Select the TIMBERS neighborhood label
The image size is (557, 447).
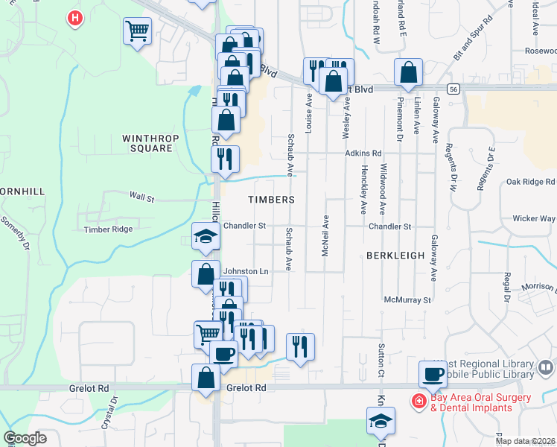coord(271,200)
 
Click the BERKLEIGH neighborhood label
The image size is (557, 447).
coord(395,256)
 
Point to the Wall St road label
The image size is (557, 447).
coord(141,198)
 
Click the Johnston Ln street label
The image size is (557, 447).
coord(246,272)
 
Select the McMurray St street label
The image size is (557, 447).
coord(407,300)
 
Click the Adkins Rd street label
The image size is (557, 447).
coord(363,153)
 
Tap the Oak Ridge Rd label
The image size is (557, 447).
coord(530,182)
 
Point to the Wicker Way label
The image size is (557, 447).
coord(534,219)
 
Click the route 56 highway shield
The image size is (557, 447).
coord(453,88)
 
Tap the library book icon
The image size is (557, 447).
coord(546,367)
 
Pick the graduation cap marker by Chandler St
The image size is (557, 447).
coord(206,236)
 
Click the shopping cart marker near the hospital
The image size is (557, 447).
coord(138,31)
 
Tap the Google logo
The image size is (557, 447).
coord(25,438)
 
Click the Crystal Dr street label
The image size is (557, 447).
coord(114,402)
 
